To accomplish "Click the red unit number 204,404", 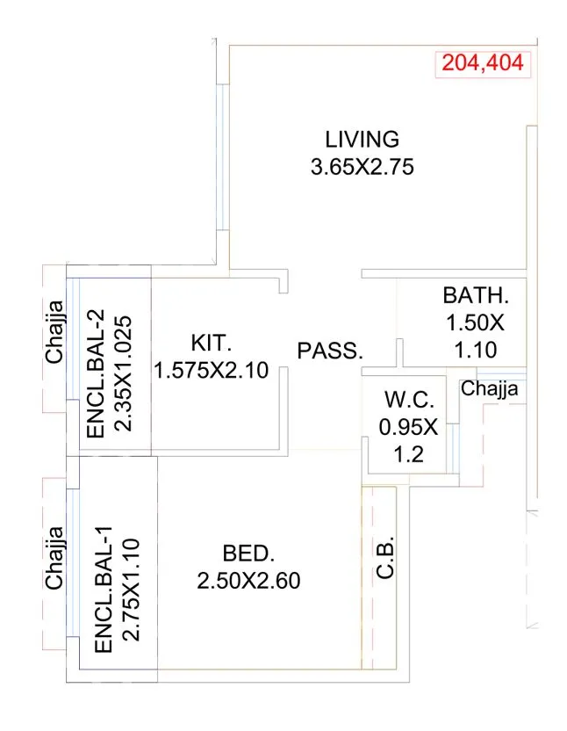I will [x=482, y=63].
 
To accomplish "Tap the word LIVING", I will [x=362, y=139].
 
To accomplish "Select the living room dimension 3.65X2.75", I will [x=362, y=166].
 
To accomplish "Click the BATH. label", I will [x=475, y=293].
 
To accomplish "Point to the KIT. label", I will [x=210, y=342].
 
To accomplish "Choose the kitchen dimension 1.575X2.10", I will [x=211, y=370].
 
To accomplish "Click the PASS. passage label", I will [x=330, y=351].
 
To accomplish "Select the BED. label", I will [x=249, y=554].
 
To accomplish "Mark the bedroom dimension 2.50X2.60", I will [x=249, y=582].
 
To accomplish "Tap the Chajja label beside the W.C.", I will [x=489, y=388].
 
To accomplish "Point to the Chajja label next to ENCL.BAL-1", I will [x=54, y=557].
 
